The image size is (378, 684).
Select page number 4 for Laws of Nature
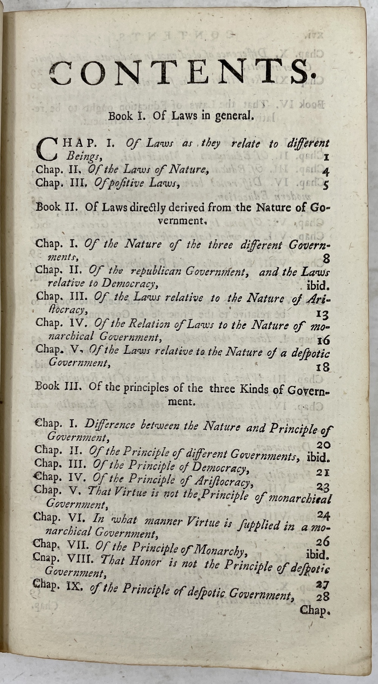325,172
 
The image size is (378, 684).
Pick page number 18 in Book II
323,367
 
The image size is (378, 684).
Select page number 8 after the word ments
326,259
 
